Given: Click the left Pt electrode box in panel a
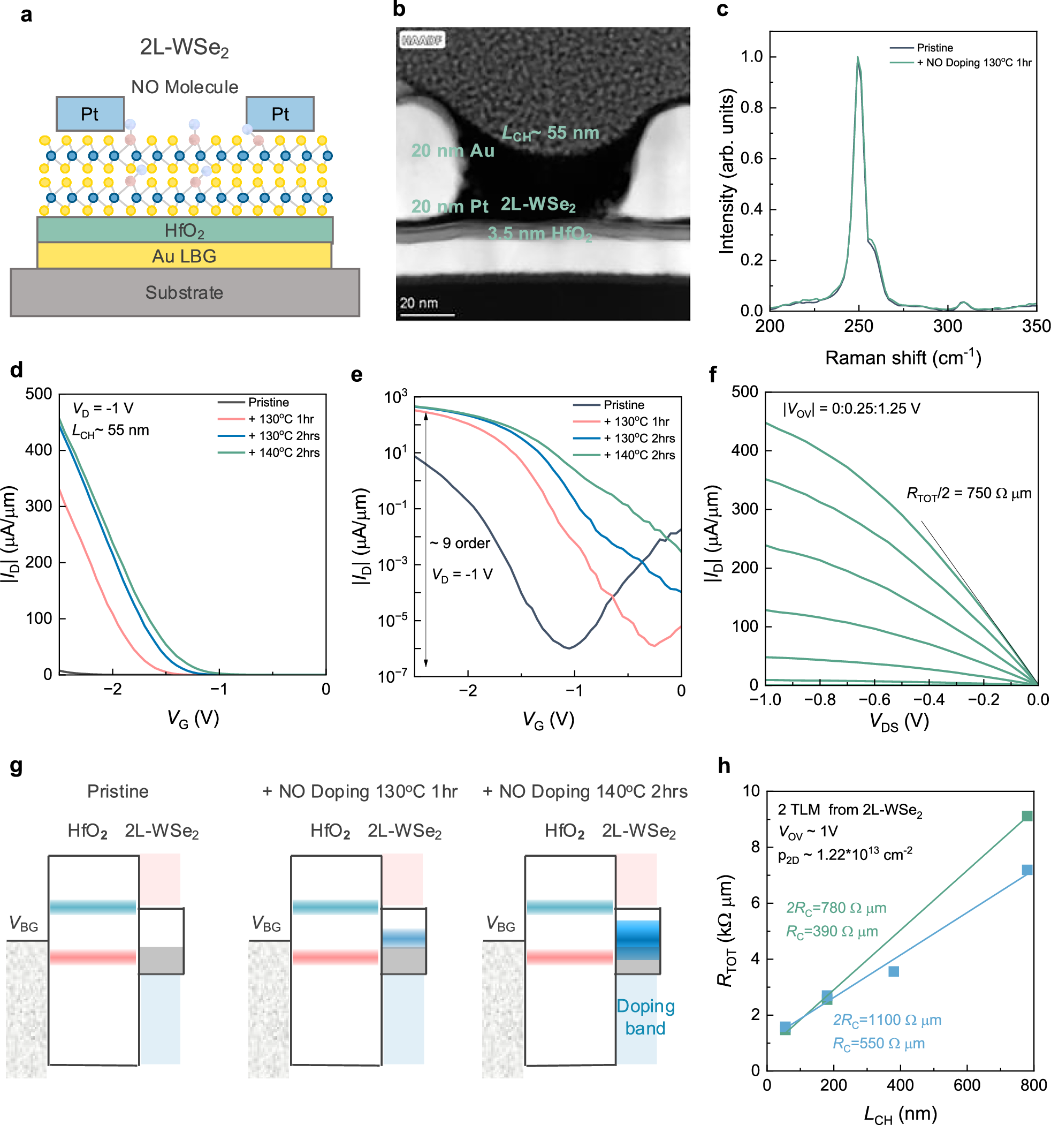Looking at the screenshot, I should click(x=90, y=114).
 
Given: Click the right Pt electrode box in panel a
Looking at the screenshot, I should click(x=280, y=114).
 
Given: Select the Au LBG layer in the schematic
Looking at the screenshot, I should click(x=185, y=256).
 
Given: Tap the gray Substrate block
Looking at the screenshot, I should click(x=185, y=292).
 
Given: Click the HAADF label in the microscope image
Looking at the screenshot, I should click(x=422, y=40).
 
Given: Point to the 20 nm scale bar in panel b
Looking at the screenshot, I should click(x=427, y=315).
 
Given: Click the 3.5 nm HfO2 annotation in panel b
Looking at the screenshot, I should click(x=539, y=233).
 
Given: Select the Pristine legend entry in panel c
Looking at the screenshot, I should click(x=934, y=48).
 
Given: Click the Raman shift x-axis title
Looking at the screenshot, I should click(x=903, y=358).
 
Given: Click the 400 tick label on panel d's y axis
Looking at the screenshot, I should click(x=39, y=450).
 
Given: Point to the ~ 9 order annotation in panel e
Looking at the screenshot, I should click(x=460, y=543).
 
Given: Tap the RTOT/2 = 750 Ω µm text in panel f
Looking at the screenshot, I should click(x=969, y=494).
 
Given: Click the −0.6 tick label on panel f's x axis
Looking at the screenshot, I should click(x=874, y=700).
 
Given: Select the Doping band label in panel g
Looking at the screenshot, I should click(x=645, y=1016).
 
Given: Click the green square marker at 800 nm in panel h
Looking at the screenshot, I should click(x=1027, y=816).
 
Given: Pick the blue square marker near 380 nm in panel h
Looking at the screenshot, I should click(x=894, y=971).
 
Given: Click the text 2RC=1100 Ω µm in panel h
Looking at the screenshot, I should click(x=886, y=1020).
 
